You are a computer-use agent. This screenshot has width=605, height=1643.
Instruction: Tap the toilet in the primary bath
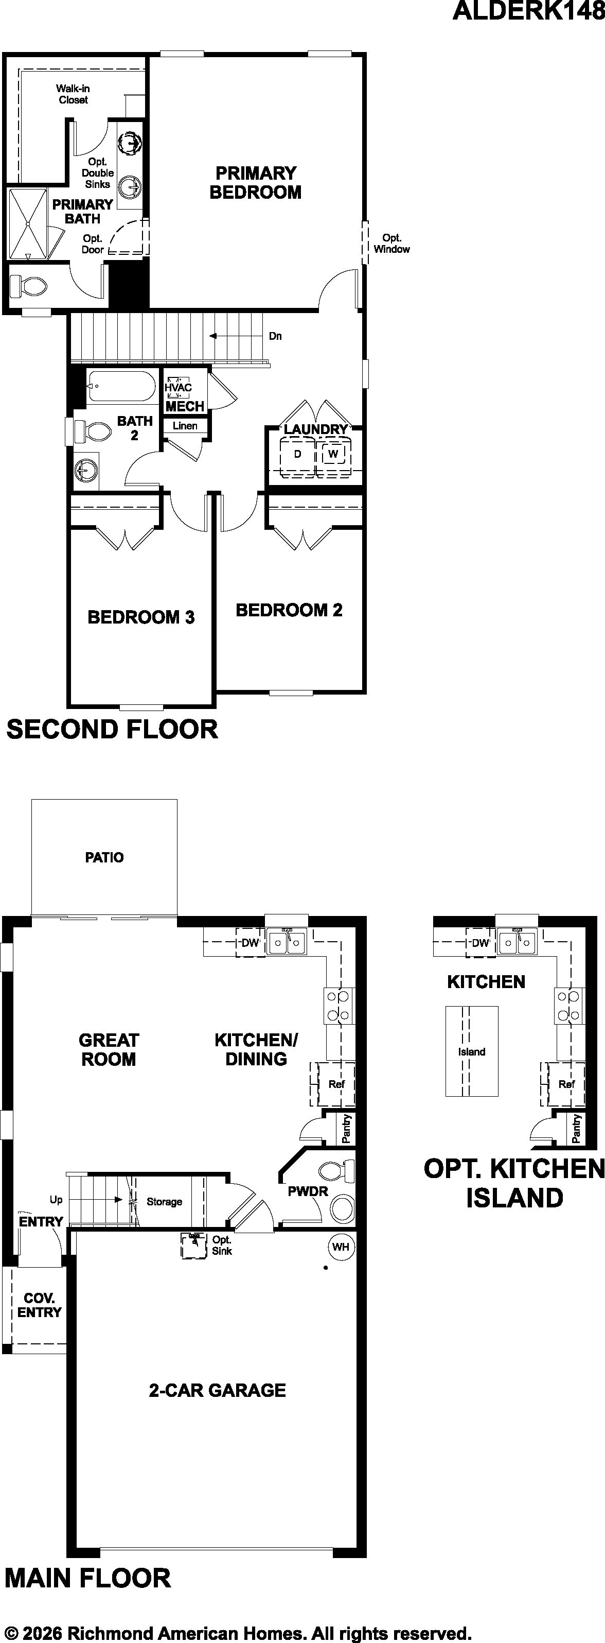coord(28,286)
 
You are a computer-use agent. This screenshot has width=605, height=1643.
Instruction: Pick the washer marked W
coord(333,455)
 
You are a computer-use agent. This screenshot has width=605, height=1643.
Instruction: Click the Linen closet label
coord(185,425)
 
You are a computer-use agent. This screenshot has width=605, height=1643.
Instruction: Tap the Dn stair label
coord(275,336)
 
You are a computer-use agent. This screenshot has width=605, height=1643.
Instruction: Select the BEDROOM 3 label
coord(141,617)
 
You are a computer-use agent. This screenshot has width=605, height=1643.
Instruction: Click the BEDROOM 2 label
coord(289,610)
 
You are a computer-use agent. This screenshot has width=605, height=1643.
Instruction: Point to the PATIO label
coord(104,857)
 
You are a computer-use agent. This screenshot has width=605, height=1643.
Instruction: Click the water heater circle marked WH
coord(341,1247)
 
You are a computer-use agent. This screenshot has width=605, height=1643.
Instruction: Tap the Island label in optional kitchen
coord(472,1052)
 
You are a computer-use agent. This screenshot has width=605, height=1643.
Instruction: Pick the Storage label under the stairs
coord(165,1202)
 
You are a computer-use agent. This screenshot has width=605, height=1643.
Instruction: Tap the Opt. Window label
coord(392,244)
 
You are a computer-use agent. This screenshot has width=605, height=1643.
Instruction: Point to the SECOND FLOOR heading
coord(112,729)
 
